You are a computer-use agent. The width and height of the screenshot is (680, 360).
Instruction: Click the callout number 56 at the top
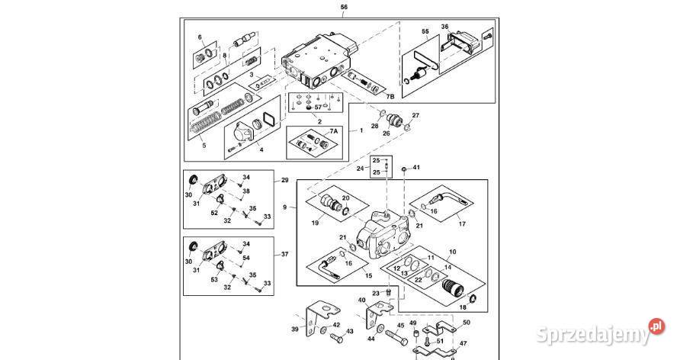coord(343,7)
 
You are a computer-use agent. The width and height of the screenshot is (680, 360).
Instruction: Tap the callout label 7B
coord(390,97)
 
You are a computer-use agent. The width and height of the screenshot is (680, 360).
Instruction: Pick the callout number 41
coord(416,167)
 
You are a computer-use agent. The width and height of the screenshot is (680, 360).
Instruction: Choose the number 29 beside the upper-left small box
coord(284,180)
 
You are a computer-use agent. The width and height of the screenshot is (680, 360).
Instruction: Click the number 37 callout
coord(284,254)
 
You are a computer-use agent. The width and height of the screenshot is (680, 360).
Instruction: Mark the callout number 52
coord(213,213)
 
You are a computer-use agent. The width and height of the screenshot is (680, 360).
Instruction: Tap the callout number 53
coord(213,280)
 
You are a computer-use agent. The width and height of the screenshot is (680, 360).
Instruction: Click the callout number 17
coord(461,223)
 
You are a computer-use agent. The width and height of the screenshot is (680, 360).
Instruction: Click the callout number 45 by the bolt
coord(400,326)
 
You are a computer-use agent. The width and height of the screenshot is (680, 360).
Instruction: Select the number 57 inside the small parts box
coord(319,108)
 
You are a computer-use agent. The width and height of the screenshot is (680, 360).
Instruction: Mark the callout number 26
coord(386,133)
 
